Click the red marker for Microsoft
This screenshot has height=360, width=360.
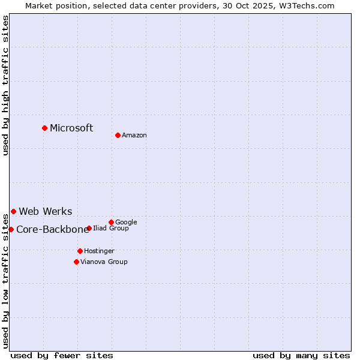44,128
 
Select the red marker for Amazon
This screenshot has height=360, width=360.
118,135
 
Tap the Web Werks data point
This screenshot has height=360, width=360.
13,211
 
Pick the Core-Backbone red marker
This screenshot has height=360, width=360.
11,229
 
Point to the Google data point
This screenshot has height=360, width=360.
111,222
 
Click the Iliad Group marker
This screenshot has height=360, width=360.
89,228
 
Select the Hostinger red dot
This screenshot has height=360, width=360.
80,251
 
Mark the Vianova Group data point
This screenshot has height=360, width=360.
76,262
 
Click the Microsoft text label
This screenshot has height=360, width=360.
71,128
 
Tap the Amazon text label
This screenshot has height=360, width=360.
134,136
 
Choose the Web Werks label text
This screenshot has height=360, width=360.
46,211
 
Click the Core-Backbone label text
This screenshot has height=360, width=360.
52,229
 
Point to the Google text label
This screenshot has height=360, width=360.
126,223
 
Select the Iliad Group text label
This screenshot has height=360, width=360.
111,229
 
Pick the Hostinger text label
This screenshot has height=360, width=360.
99,251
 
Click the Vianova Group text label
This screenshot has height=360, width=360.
104,262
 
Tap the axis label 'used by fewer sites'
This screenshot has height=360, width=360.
62,355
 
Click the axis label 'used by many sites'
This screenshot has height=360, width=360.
301,355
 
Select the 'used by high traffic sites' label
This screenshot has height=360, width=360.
5,86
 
